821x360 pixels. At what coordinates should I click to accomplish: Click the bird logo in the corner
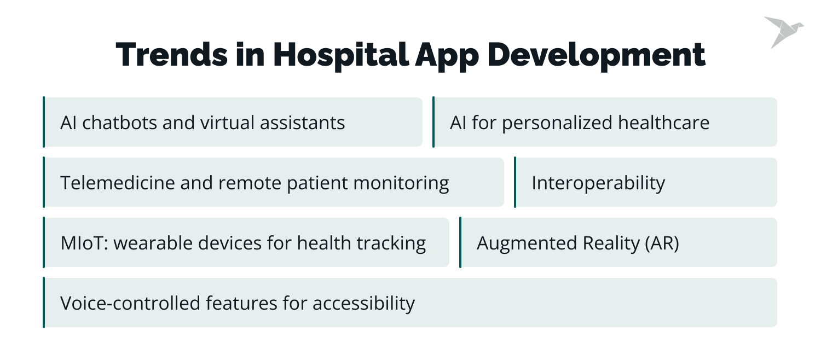[x=783, y=32]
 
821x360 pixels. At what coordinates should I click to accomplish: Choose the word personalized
[x=557, y=123]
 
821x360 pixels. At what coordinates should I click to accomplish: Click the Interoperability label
[x=598, y=183]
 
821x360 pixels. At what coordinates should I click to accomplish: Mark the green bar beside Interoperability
[x=515, y=182]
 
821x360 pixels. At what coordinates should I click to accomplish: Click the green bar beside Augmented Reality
[x=460, y=242]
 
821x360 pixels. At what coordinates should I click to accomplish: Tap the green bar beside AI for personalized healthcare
[x=433, y=122]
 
